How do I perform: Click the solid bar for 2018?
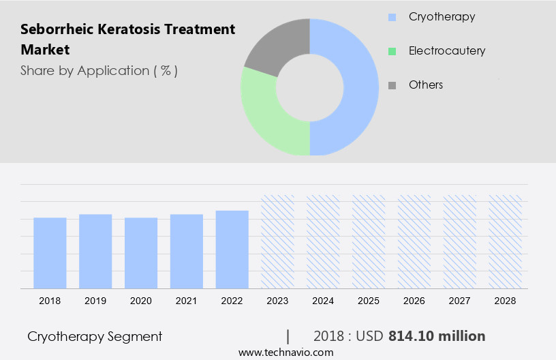point(50,252)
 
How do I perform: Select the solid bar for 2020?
point(141,252)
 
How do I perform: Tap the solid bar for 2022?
point(232,249)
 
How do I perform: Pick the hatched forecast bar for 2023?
point(278,241)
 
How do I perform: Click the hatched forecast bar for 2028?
point(506,241)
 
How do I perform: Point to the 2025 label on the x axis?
point(369,301)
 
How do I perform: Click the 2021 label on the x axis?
point(187,301)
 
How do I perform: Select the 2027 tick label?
point(460,301)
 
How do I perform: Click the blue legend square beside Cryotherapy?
point(392,17)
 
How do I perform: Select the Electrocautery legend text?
point(446,50)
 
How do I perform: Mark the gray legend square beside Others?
point(392,85)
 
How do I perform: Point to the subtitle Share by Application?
point(99,70)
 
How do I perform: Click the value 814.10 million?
point(437,336)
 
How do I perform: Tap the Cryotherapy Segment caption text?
point(95,336)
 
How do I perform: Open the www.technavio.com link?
point(285,352)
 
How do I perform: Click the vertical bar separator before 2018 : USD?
point(288,336)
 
